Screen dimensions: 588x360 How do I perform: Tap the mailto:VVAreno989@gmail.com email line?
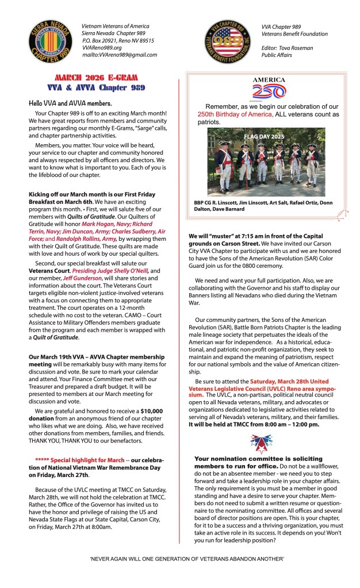[x=119, y=55]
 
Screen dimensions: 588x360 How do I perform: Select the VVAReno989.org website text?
[x=102, y=48]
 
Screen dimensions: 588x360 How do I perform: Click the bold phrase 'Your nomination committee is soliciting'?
[x=251, y=459]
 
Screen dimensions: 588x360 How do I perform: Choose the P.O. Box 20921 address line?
[x=118, y=41]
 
